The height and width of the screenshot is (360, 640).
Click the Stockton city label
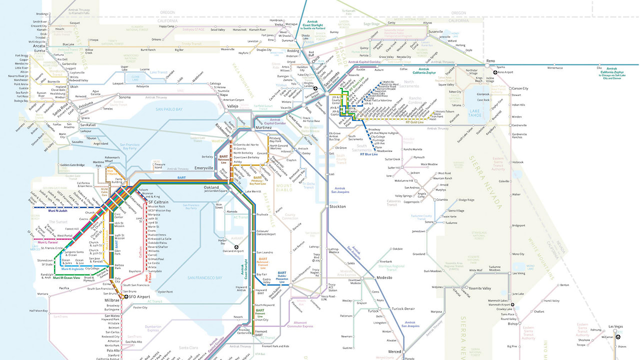337,206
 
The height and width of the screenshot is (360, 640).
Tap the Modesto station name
384,277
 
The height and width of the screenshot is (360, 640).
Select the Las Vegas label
616,326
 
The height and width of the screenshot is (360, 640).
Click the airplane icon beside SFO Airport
126,296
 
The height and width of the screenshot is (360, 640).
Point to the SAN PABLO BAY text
170,109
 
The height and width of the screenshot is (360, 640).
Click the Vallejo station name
233,106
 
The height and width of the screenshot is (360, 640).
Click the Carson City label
520,88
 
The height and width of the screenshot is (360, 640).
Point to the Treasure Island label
159,165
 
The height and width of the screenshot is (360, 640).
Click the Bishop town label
513,323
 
